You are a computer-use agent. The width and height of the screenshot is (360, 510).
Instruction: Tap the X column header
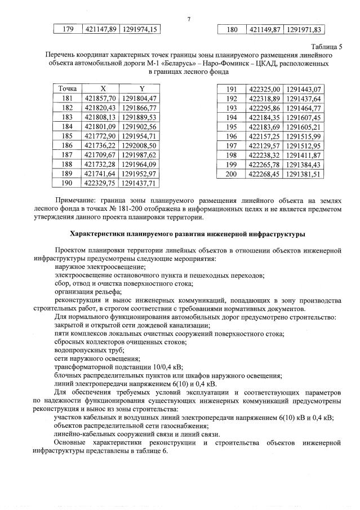pyautogui.click(x=102, y=89)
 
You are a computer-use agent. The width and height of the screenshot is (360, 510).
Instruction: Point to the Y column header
pyautogui.click(x=141, y=89)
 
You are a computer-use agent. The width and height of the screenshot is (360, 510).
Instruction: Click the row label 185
pyautogui.click(x=67, y=136)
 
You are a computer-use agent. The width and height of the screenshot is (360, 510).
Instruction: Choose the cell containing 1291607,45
pyautogui.click(x=303, y=117)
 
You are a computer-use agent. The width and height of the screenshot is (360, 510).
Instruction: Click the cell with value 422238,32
pyautogui.click(x=264, y=155)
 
